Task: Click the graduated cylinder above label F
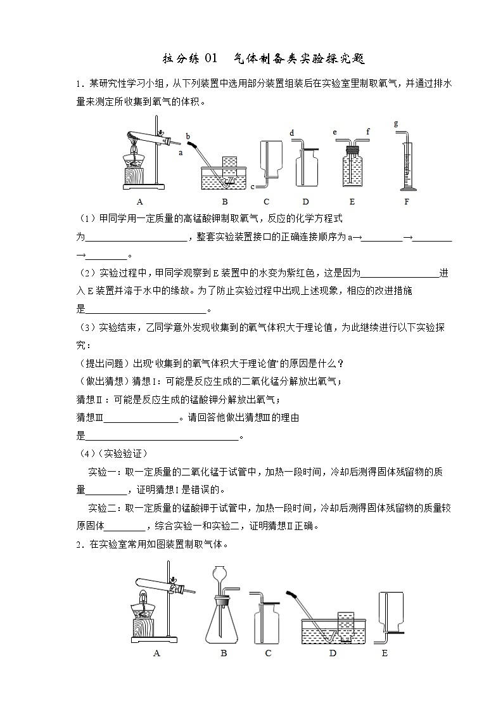tap(404, 166)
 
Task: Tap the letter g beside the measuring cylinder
tap(396, 123)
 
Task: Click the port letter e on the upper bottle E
tap(334, 133)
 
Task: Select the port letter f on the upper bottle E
tap(367, 132)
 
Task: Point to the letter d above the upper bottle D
tap(291, 133)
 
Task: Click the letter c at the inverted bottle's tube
tap(253, 187)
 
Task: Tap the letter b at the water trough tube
tap(188, 136)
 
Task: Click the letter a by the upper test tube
tap(181, 153)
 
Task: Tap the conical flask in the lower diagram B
tap(224, 622)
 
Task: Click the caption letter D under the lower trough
tap(333, 653)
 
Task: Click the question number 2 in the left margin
tap(78, 543)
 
